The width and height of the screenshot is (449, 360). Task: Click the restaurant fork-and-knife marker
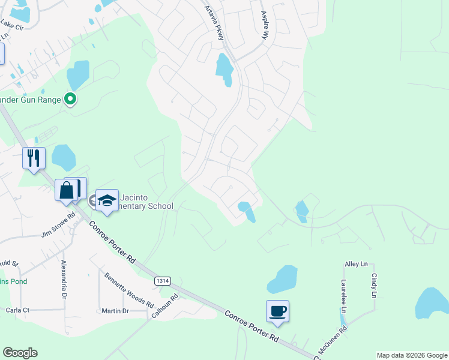point(33,158)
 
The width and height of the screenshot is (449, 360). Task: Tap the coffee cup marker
point(277,311)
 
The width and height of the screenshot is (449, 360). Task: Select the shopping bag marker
point(67,190)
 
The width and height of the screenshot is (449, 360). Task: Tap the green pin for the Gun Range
point(70,100)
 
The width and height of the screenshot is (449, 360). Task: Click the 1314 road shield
point(161,280)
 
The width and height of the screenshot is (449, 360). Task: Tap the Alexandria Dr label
point(63,280)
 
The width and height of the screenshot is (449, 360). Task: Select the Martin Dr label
point(115,311)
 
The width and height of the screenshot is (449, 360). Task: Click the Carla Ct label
point(17,310)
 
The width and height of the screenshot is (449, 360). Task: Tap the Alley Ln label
point(356,264)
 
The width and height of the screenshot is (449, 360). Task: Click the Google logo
point(20,353)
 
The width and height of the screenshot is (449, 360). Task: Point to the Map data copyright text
point(411,355)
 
